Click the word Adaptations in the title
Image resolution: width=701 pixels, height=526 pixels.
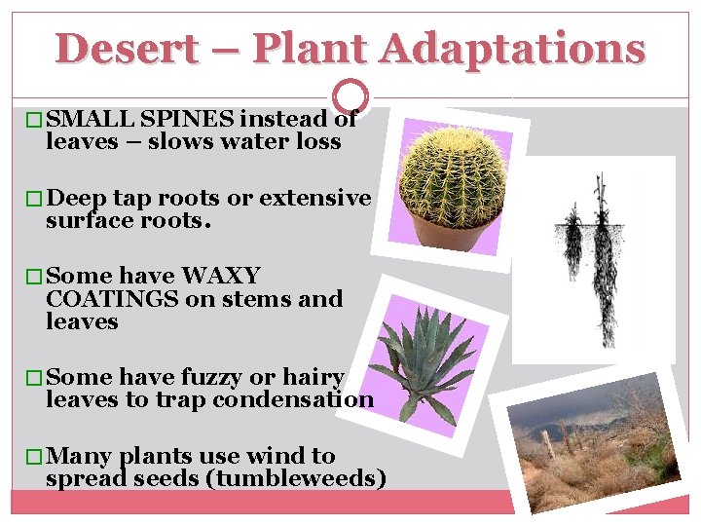pos(512,48)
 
